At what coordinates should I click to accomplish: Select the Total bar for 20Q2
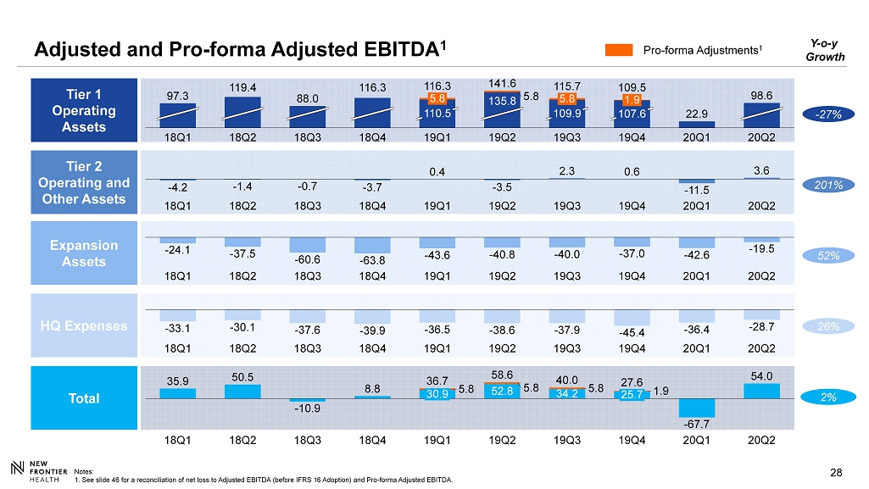[761, 391]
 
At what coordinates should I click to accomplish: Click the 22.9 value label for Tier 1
[696, 114]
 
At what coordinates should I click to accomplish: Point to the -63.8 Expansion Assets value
[372, 260]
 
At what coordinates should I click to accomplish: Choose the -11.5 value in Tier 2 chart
[696, 190]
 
